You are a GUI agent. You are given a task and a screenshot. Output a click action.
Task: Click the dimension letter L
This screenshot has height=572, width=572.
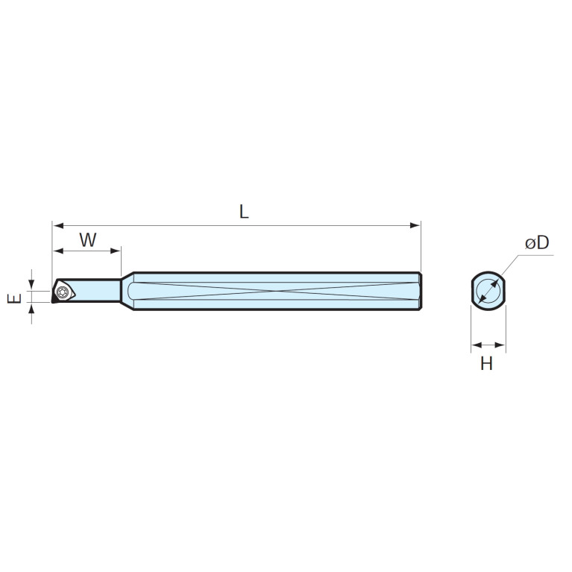(x=244, y=212)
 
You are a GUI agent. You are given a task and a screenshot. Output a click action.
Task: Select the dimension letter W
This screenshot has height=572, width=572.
(x=88, y=240)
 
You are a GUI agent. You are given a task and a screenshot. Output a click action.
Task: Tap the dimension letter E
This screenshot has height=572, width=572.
(x=15, y=299)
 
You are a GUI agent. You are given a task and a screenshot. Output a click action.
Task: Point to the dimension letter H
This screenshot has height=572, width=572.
(x=487, y=363)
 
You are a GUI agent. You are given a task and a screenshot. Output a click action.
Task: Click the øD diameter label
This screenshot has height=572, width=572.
(x=537, y=242)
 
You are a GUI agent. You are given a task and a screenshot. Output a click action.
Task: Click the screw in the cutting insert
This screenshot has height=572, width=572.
(x=63, y=292)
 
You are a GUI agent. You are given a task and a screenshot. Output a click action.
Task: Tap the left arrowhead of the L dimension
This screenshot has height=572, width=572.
(x=58, y=225)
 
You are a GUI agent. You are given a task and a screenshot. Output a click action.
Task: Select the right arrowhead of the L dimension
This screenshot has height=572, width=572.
(x=415, y=225)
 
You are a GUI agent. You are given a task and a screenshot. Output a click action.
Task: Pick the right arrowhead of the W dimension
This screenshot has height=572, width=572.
(x=115, y=251)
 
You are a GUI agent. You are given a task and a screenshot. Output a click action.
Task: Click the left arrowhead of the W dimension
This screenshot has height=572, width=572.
(x=58, y=251)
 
